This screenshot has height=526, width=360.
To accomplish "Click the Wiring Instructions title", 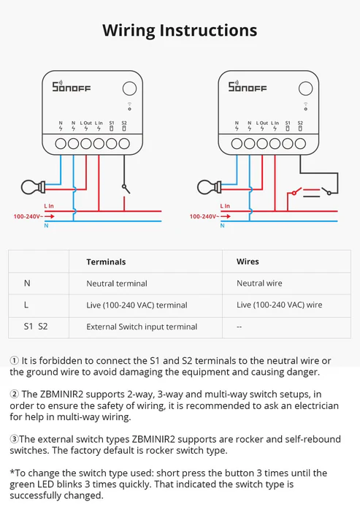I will [180, 30].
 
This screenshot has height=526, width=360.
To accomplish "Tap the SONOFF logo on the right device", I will [248, 88].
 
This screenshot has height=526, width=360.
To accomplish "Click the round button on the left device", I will [129, 88].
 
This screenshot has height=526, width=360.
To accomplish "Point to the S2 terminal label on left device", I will [124, 123].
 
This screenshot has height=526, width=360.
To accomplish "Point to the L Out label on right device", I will [262, 123].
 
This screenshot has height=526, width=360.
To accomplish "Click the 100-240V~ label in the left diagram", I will [28, 217].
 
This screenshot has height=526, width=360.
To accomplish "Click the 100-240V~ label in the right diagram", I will [204, 217].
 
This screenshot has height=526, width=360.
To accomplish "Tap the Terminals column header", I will [106, 262].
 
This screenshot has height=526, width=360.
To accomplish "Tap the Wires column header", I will [248, 262].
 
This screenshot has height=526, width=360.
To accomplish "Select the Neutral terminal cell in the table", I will [116, 283].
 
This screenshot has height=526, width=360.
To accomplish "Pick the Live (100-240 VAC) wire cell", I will [279, 305].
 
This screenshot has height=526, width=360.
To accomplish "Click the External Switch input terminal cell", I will [142, 327].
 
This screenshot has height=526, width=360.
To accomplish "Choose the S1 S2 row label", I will [32, 327].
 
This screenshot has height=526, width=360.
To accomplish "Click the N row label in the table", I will [27, 283].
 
